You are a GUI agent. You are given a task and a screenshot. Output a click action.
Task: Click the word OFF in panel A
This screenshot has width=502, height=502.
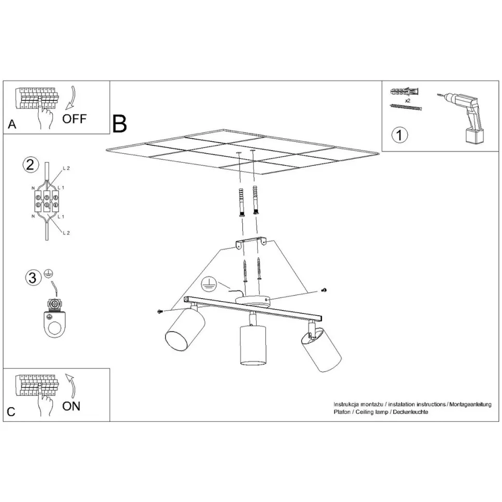pos(75,119)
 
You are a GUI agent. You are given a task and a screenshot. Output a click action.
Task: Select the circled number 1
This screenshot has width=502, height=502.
pos(400,135)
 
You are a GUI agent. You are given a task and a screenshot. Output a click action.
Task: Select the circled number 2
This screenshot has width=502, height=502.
pos(31,165)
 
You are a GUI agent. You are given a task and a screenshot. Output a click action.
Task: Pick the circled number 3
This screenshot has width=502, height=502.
pos(33,277)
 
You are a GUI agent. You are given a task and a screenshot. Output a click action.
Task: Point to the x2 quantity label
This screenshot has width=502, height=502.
pos(408,100)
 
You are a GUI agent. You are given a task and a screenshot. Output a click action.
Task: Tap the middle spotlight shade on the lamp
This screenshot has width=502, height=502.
pos(253,346)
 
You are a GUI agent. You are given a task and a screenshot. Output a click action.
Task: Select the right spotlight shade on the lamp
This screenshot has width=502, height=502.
pos(321,350)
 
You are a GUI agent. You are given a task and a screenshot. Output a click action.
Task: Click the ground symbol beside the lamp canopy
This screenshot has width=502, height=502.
pos(209,284)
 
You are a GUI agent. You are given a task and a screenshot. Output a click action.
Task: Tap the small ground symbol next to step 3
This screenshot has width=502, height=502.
pos(49,274)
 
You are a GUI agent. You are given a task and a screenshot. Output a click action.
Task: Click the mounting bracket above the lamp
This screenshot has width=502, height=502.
pos(252,242)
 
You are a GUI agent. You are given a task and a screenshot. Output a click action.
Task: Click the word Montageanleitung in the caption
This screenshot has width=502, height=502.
pos(470,404)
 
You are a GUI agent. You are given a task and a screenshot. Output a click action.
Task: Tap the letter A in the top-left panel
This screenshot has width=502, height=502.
pos(12,124)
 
